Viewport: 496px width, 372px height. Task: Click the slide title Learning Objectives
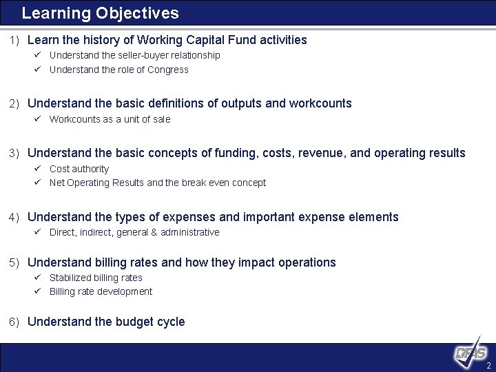100,13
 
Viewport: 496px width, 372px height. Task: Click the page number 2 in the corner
488,365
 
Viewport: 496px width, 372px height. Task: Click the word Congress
167,70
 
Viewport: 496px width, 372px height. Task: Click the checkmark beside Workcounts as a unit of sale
39,119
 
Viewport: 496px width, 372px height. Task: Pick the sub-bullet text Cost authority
79,169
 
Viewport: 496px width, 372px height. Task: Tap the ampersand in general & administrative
154,232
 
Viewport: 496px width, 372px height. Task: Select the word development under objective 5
125,291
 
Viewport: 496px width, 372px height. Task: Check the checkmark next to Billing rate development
39,291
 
